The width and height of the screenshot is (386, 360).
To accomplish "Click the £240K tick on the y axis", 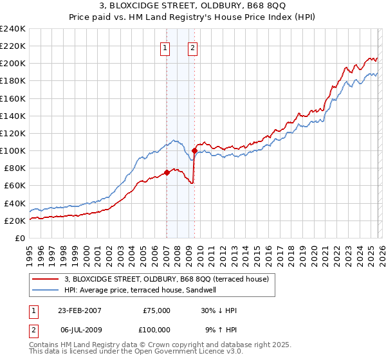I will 13,29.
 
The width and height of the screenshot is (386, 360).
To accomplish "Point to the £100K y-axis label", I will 13,150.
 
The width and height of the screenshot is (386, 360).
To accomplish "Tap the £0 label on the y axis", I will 20,238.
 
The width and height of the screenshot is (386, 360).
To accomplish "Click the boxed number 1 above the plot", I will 165,46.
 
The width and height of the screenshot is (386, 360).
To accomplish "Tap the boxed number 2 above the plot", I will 192,46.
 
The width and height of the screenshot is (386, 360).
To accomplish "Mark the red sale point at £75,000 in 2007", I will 167,172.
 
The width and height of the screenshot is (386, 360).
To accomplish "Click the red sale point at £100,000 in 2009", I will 194,150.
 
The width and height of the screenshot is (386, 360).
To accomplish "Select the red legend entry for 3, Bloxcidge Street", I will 170,278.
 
